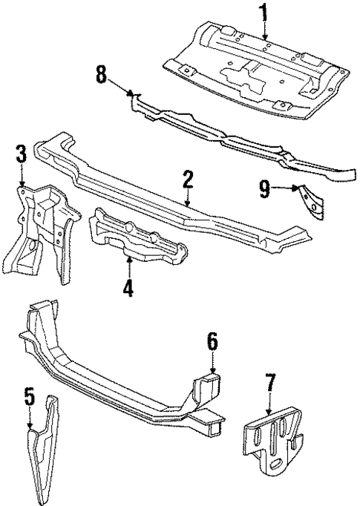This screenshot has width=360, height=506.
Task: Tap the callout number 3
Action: [22, 155]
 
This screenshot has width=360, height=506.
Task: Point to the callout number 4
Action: [128, 286]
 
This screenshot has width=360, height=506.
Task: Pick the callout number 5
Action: [29, 397]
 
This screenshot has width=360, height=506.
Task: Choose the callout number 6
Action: [212, 341]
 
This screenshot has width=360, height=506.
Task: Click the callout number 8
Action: [102, 74]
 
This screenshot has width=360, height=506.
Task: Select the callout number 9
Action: [264, 189]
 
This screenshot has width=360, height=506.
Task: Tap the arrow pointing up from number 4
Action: [128, 266]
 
